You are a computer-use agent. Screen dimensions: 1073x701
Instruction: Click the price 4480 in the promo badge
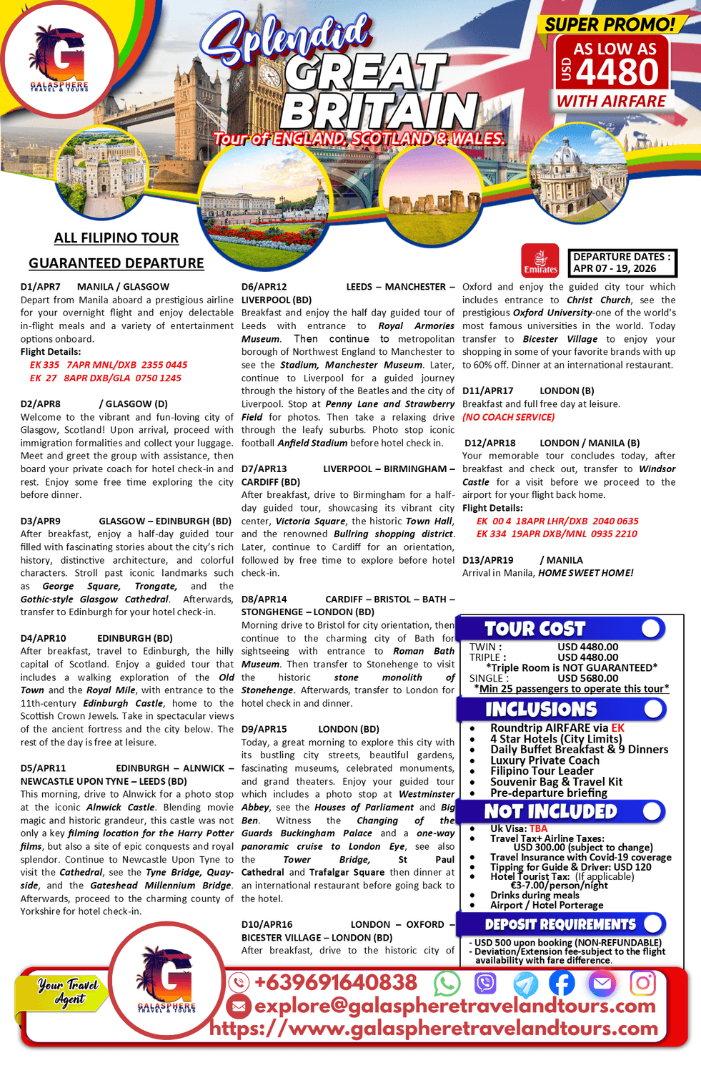[x=619, y=73]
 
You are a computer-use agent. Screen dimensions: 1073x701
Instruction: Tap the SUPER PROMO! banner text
[x=610, y=24]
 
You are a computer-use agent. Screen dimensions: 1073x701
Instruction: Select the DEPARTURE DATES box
[x=622, y=263]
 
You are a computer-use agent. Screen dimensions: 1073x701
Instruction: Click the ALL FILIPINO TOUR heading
[x=116, y=238]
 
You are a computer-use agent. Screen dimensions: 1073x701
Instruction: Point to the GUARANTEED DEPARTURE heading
[x=116, y=263]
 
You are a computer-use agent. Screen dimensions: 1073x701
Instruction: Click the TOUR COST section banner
[x=562, y=629]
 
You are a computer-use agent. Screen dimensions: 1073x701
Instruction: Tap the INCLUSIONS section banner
[x=562, y=709]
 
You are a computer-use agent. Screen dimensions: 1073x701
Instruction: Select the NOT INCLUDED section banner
[x=562, y=811]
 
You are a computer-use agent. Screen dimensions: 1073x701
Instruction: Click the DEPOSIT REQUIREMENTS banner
[x=562, y=924]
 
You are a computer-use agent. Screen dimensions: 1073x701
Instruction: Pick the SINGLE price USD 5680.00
[x=587, y=678]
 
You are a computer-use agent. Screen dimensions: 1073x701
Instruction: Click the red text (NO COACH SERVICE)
[x=508, y=417]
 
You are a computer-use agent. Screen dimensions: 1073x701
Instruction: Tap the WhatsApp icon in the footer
[x=447, y=984]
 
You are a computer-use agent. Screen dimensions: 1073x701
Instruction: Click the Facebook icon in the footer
[x=562, y=984]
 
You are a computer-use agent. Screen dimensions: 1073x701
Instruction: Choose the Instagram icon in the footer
[x=642, y=984]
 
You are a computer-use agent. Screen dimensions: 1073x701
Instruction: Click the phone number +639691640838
[x=335, y=983]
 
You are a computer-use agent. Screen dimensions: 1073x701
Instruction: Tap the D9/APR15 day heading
[x=264, y=729]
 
